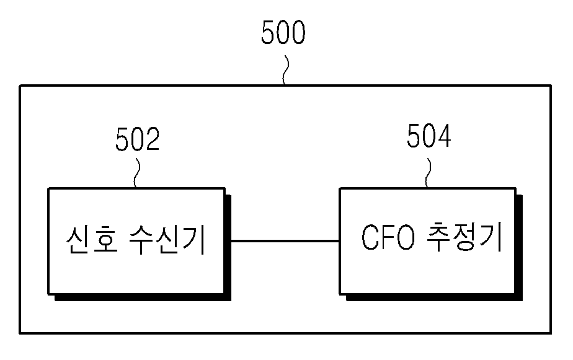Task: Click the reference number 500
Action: (x=283, y=32)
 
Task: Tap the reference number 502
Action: (x=138, y=139)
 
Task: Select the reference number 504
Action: (x=429, y=136)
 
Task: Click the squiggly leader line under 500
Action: (x=285, y=70)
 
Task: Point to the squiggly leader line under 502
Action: (x=136, y=173)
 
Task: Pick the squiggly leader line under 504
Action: (x=428, y=173)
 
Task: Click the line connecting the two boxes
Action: (x=285, y=241)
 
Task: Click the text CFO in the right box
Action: (x=388, y=237)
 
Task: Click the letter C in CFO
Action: (x=370, y=237)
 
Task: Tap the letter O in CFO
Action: (x=406, y=237)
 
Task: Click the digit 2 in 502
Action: (x=153, y=139)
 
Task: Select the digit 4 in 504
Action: (x=444, y=136)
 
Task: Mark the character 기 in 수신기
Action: (x=193, y=240)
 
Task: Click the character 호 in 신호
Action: (x=105, y=240)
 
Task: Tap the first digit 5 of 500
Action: (x=269, y=32)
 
